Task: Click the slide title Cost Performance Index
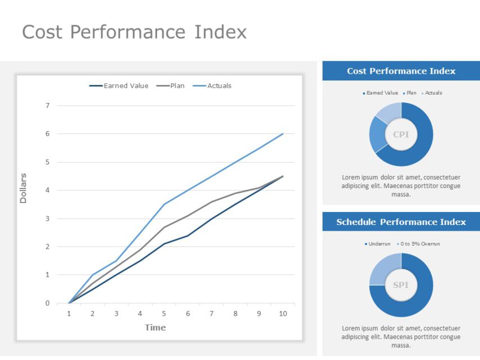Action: click(x=134, y=31)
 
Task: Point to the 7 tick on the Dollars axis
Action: click(x=47, y=105)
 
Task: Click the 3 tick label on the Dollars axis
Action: click(x=47, y=218)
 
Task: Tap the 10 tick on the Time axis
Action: click(x=282, y=313)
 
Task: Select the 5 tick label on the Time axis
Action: click(x=164, y=313)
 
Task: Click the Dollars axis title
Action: click(x=23, y=188)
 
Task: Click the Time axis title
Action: click(x=155, y=327)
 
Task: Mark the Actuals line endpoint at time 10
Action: click(x=282, y=134)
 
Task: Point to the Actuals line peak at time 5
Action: click(x=164, y=204)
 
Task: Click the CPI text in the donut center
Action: click(x=401, y=134)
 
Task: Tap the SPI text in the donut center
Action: click(x=401, y=285)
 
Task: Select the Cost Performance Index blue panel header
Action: click(x=401, y=71)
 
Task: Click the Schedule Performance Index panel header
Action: click(x=401, y=222)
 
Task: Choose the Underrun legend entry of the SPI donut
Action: click(x=379, y=244)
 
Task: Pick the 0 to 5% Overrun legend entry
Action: click(x=420, y=244)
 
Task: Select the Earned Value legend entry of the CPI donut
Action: click(x=382, y=93)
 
